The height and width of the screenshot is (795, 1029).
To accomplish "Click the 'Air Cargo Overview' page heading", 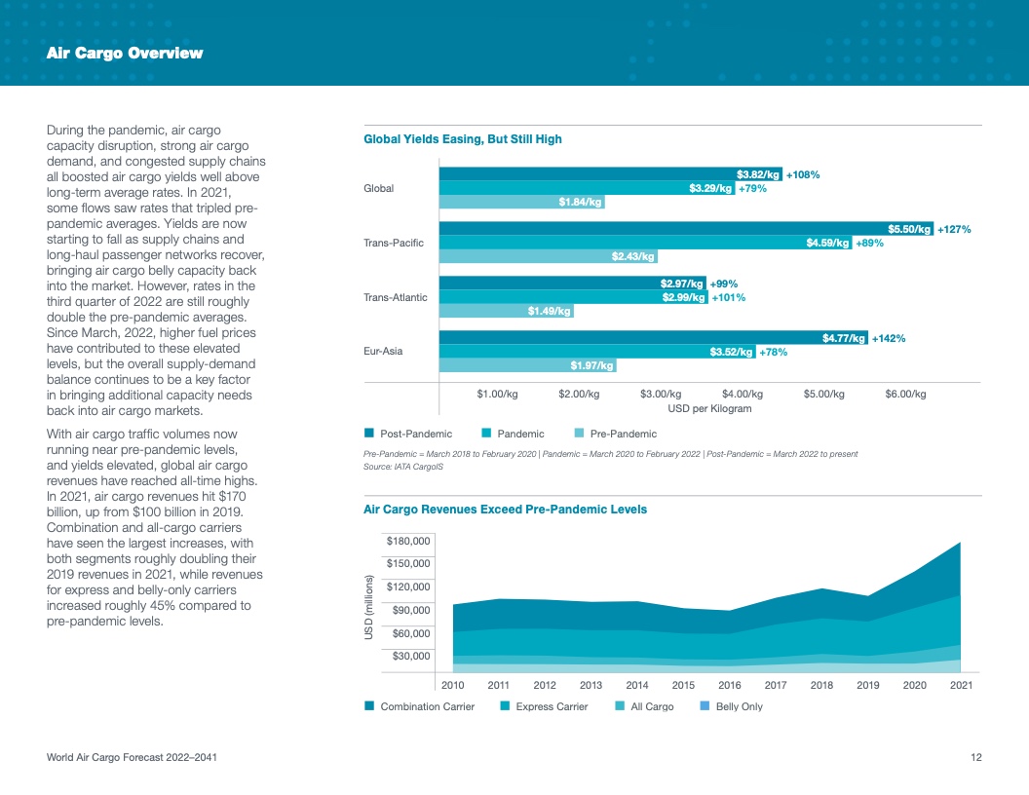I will pyautogui.click(x=125, y=54).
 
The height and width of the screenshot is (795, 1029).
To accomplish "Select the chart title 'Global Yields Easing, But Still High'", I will pyautogui.click(x=462, y=139).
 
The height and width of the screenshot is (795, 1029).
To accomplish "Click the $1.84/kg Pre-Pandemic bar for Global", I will pyautogui.click(x=521, y=202).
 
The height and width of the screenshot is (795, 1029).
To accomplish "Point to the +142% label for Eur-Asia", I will pyautogui.click(x=889, y=338).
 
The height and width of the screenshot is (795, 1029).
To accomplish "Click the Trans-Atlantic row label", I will pyautogui.click(x=395, y=297).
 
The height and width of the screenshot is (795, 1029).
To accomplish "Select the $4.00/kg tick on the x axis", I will pyautogui.click(x=742, y=394).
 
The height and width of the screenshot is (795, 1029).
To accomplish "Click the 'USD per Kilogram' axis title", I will pyautogui.click(x=709, y=408).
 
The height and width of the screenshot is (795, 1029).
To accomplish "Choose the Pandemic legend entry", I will pyautogui.click(x=519, y=434).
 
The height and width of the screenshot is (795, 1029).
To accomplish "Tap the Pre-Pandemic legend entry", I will pyautogui.click(x=623, y=434).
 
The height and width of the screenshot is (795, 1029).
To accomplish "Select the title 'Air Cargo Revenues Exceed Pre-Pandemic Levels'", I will pyautogui.click(x=505, y=510).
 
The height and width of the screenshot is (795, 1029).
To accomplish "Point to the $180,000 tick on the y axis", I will pyautogui.click(x=409, y=541).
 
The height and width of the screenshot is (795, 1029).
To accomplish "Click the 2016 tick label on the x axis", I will pyautogui.click(x=729, y=685).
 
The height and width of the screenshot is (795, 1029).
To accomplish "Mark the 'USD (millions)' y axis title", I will pyautogui.click(x=370, y=606).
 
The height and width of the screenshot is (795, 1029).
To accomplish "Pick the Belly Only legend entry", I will pyautogui.click(x=739, y=706).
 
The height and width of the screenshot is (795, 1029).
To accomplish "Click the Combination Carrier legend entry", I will pyautogui.click(x=427, y=706).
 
